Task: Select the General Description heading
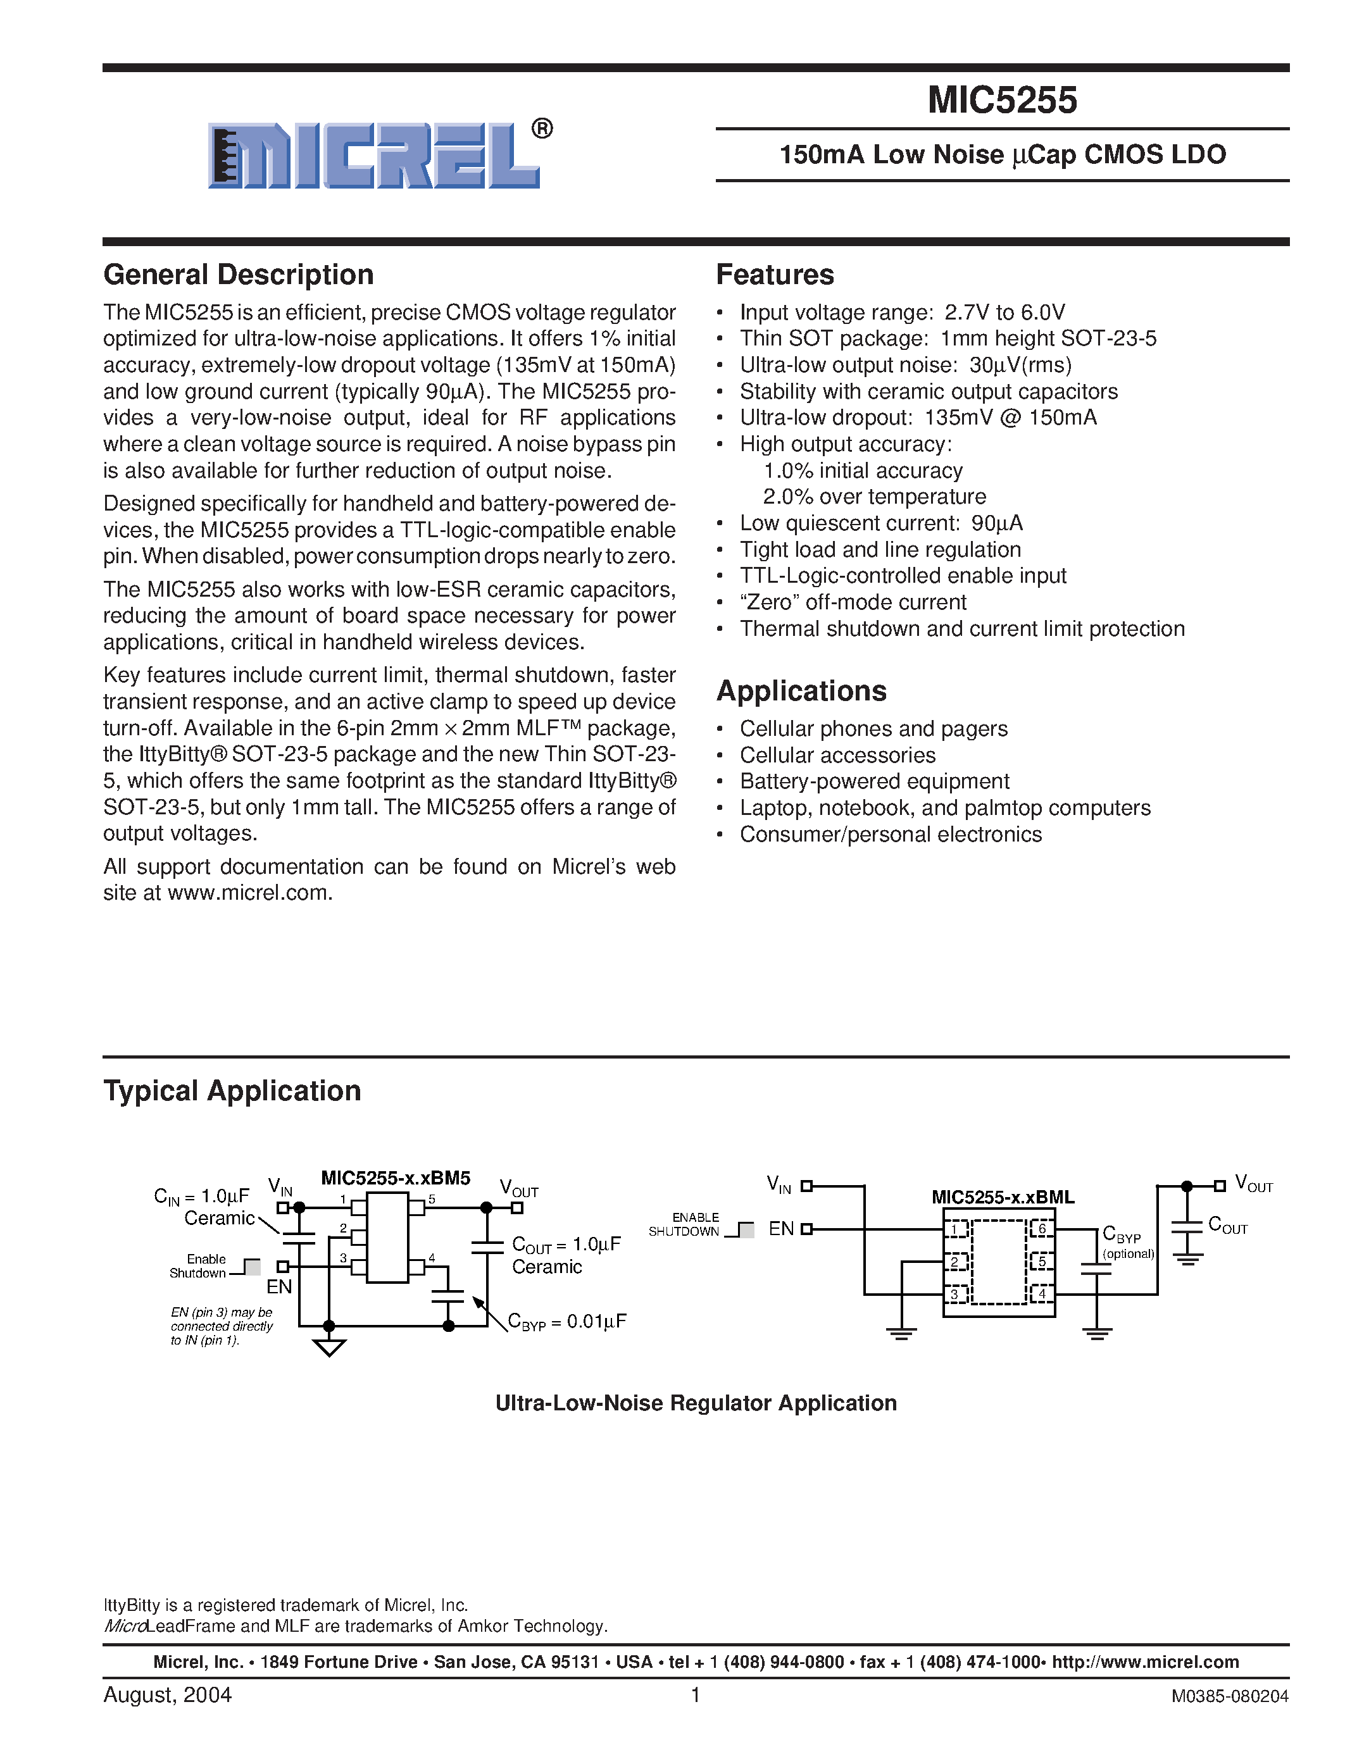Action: (238, 275)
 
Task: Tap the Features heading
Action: (775, 275)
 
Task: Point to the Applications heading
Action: (801, 691)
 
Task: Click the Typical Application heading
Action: (232, 1091)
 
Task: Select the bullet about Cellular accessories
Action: (837, 755)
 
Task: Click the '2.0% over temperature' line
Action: (874, 497)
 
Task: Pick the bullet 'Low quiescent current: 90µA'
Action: (880, 523)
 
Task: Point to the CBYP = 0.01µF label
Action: (567, 1322)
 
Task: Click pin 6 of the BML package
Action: (1041, 1229)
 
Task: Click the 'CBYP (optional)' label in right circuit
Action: (1127, 1243)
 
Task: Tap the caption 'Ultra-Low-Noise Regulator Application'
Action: (696, 1403)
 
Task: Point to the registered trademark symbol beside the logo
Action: (542, 129)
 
